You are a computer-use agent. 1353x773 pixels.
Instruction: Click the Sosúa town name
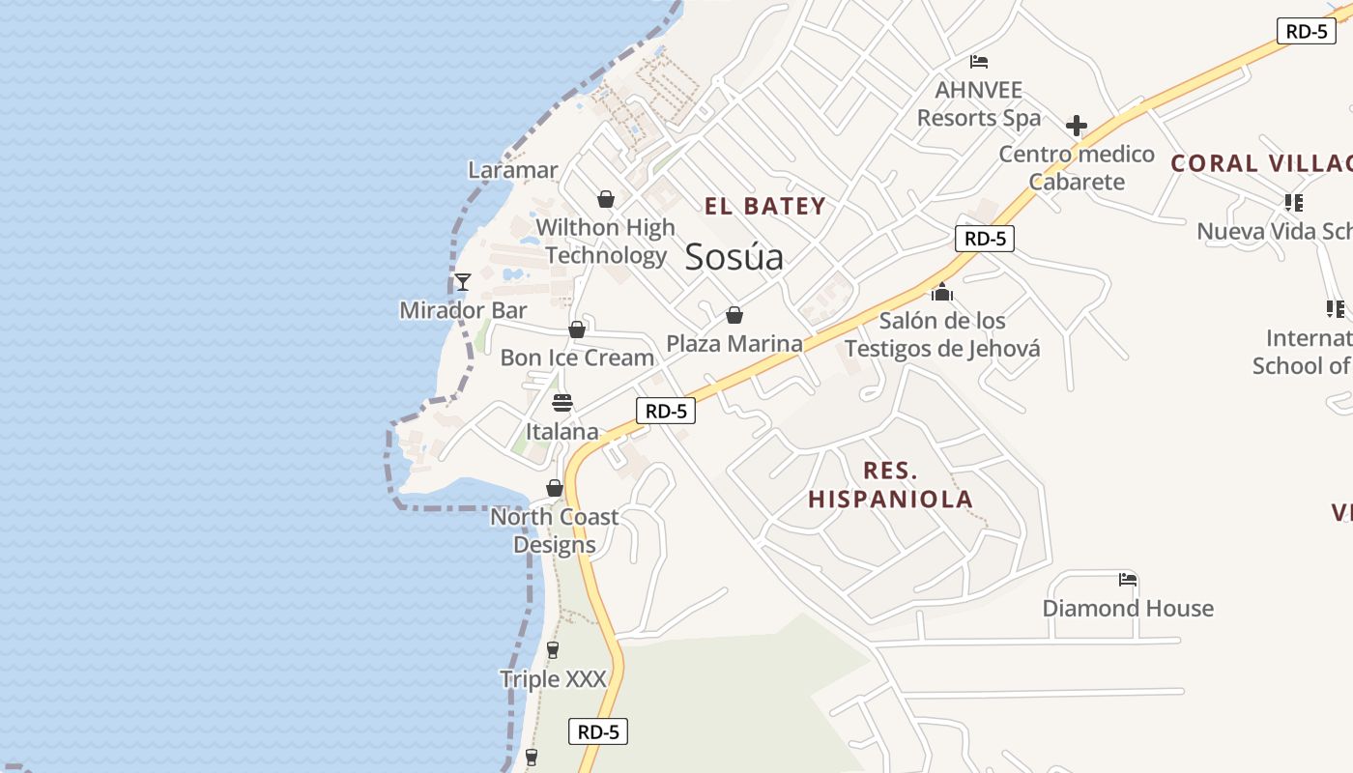734,257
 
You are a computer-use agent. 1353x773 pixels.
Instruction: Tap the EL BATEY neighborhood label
764,206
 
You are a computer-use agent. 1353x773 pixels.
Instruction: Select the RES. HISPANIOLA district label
890,485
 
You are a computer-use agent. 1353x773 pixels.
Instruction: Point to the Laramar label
513,170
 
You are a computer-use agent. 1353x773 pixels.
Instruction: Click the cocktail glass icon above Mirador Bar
463,282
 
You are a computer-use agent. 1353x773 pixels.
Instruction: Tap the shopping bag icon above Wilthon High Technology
606,199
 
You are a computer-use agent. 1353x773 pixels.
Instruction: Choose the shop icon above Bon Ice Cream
577,329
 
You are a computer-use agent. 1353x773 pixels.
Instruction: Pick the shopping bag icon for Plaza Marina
734,315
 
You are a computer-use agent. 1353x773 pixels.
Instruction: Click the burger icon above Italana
561,403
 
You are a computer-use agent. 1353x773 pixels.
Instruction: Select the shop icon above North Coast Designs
555,489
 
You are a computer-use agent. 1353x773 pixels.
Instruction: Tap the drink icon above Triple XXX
553,650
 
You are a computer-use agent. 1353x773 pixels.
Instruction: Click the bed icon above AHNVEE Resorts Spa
979,62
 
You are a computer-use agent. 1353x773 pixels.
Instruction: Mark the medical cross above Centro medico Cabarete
1077,126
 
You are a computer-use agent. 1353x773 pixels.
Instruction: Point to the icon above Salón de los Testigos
942,292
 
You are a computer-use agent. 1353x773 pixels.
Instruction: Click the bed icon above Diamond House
1128,580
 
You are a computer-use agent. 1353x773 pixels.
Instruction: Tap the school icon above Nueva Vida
1294,203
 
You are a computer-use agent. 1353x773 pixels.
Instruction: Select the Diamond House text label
1128,609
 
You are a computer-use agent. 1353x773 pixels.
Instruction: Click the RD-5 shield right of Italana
666,411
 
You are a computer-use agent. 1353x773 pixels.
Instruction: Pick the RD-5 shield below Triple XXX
598,731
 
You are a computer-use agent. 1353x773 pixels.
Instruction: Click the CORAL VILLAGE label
1261,163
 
